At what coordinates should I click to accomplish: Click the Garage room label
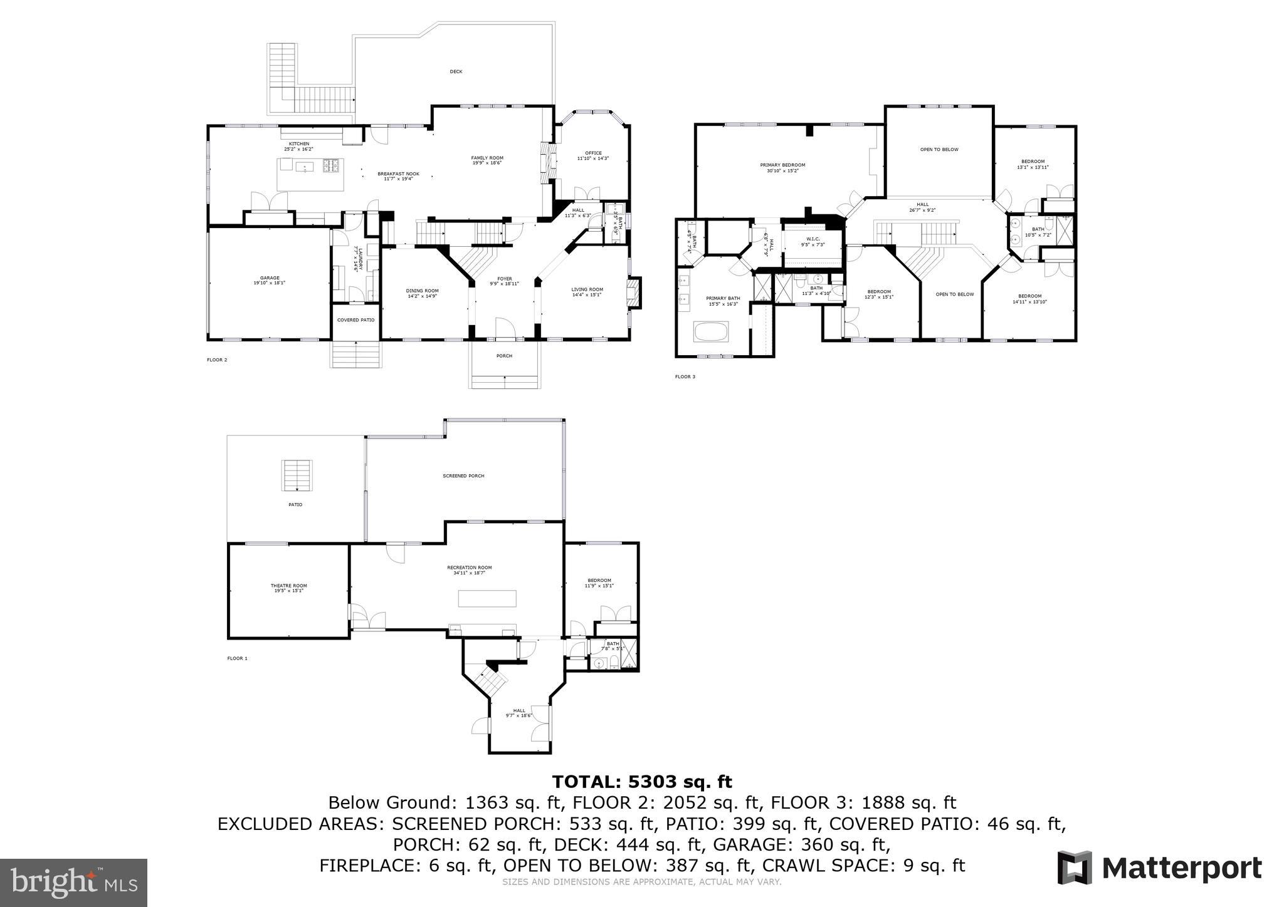[270, 280]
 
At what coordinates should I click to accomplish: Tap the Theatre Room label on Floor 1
[288, 588]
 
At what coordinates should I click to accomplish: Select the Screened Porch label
[463, 476]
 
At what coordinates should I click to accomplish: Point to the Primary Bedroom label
[782, 167]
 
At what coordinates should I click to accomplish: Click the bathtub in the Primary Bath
[711, 331]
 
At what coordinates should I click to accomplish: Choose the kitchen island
[310, 175]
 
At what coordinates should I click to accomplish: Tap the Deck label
[456, 71]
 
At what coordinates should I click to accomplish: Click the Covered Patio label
[355, 320]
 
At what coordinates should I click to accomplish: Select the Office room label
[593, 155]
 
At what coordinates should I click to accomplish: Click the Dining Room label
[422, 293]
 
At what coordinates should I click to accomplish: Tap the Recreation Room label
[470, 569]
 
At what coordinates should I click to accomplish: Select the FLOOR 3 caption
[685, 376]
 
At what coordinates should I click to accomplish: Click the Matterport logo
[1159, 868]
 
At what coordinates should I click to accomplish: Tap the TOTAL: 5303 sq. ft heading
[641, 782]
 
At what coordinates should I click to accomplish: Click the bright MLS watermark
[74, 882]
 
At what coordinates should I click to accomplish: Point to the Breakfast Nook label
[398, 176]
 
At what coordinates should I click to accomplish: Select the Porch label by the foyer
[504, 356]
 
